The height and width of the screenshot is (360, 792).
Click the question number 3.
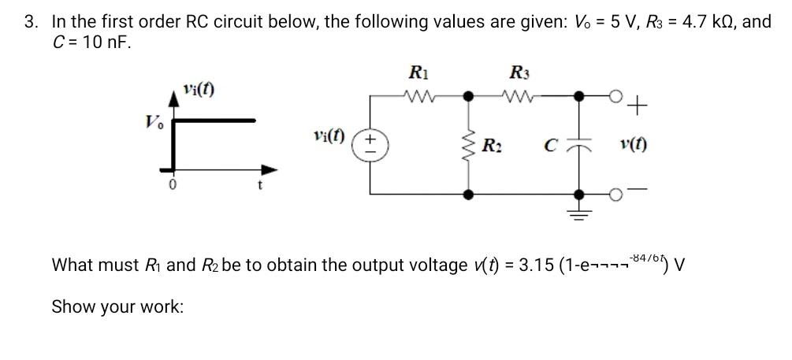tap(29, 21)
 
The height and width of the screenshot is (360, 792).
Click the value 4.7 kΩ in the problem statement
tap(705, 21)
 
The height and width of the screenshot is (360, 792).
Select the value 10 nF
tap(87, 41)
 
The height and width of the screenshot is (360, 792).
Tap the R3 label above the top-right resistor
tap(519, 73)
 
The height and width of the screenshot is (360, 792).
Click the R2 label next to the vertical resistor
tap(492, 146)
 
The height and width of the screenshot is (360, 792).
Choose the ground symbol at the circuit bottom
tap(581, 211)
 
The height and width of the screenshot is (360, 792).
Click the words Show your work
tap(117, 306)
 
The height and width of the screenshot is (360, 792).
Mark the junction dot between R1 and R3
tap(470, 97)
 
